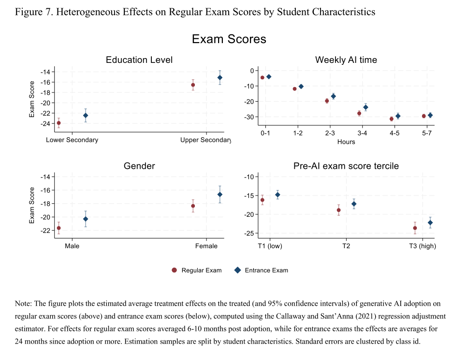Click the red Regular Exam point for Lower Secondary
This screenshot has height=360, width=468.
pos(59,123)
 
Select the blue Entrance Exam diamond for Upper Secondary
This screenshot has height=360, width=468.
pos(220,78)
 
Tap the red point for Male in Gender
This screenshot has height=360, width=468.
pos(59,228)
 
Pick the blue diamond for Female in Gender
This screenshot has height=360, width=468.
pos(220,195)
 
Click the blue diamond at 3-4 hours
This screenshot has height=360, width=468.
pos(366,107)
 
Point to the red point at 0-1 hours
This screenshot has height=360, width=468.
pos(263,78)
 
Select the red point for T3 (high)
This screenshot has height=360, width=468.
pos(415,228)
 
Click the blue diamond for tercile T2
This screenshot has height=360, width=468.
pos(354,204)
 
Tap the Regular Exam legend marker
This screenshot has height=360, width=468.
pos(175,270)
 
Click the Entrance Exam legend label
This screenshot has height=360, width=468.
pos(266,270)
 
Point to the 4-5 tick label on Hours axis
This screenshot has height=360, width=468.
pos(395,133)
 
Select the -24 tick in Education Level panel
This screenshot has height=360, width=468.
pos(45,123)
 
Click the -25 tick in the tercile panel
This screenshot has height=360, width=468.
pos(249,233)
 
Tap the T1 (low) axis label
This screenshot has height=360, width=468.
pos(270,246)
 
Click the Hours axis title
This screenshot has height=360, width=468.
pos(346,142)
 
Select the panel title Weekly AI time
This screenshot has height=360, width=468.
pos(346,60)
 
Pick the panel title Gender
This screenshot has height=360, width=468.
pos(139,166)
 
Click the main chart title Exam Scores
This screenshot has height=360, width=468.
pos(229,39)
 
